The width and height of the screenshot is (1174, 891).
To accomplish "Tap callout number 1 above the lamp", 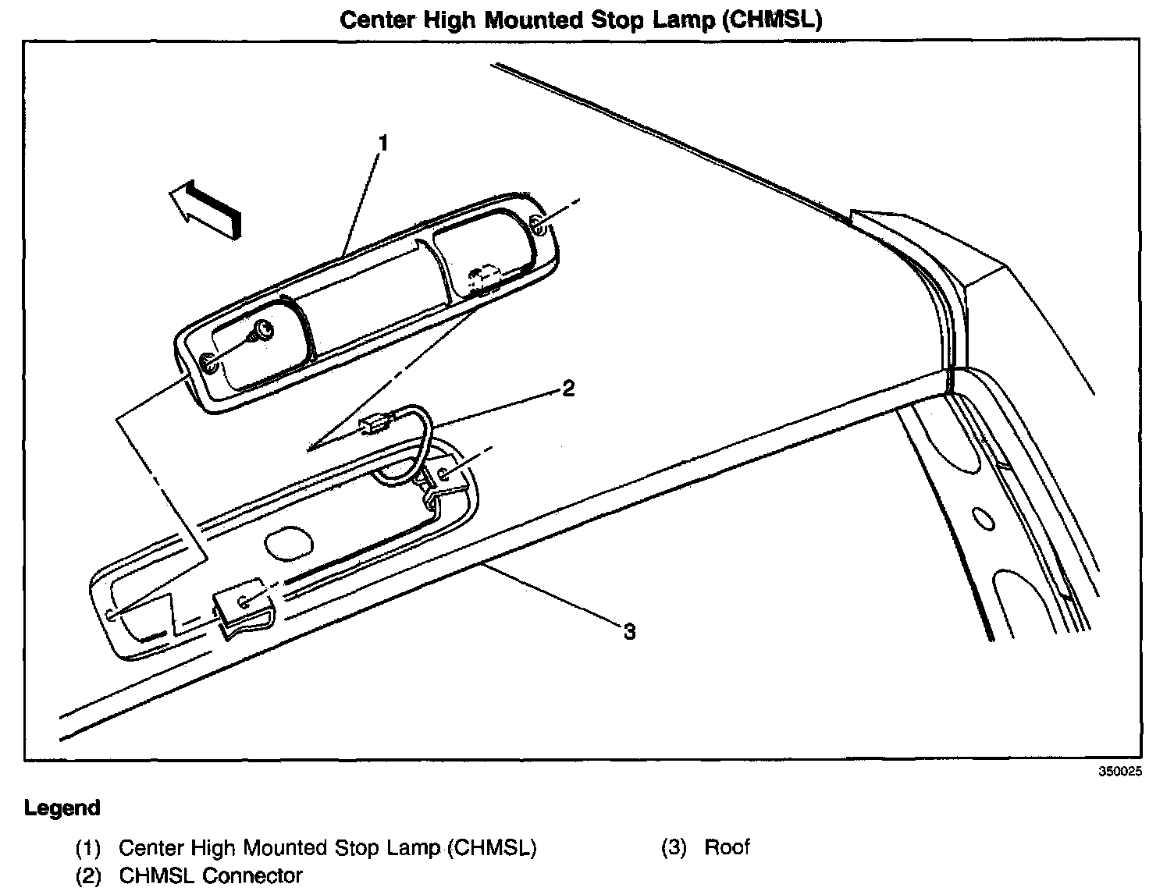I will click(x=382, y=143).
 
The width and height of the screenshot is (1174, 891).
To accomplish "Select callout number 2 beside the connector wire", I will click(x=568, y=388).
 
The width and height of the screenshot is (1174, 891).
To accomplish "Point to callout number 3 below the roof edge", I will click(x=628, y=631).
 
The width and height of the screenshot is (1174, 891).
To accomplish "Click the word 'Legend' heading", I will click(x=62, y=808).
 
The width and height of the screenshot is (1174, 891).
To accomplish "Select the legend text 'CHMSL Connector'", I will click(x=210, y=875).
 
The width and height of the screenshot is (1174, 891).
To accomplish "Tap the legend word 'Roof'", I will click(x=727, y=847).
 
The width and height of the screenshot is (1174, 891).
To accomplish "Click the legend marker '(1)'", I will click(x=88, y=848).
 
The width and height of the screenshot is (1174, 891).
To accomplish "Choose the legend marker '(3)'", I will click(x=674, y=847).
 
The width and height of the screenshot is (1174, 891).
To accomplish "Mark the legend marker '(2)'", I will click(x=88, y=876).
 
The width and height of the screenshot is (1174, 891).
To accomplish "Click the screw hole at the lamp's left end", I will click(x=208, y=363).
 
